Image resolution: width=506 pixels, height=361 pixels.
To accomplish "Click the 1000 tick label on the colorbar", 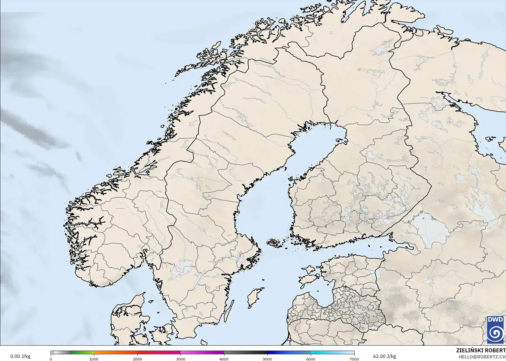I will click(94, 359).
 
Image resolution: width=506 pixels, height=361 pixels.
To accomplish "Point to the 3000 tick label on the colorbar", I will click(181, 359).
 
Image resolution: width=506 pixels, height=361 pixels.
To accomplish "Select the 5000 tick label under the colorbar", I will click(267, 359).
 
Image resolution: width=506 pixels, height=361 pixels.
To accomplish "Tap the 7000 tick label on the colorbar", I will click(354, 359).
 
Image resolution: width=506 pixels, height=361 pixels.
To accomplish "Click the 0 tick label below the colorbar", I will click(51, 359).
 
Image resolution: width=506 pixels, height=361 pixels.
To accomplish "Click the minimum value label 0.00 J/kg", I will click(20, 357).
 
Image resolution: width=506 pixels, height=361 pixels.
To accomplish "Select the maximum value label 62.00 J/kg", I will click(384, 357).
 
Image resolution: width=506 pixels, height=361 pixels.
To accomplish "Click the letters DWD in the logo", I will click(495, 319).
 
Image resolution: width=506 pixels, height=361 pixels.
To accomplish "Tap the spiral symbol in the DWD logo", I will click(495, 333).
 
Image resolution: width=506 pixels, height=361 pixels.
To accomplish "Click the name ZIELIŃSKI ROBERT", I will click(481, 351).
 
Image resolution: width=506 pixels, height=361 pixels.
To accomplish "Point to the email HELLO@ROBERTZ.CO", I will click(482, 357).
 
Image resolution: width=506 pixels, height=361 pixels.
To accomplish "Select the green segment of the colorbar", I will click(83, 353).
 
